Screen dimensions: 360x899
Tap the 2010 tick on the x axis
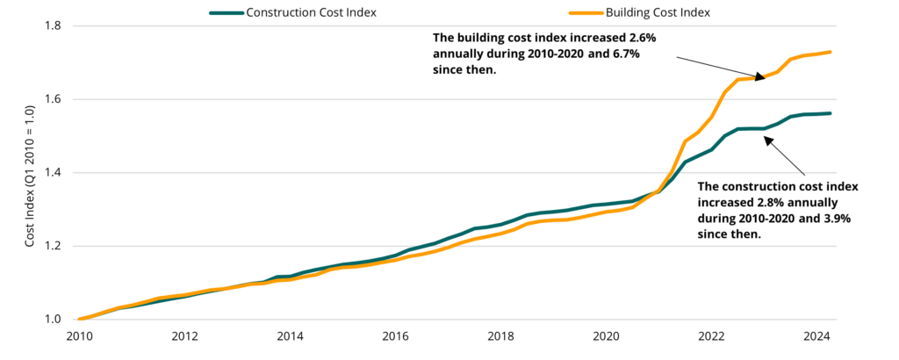tap(78, 336)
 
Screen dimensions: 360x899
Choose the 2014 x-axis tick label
tap(290, 336)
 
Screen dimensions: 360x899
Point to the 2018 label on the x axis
tap(500, 336)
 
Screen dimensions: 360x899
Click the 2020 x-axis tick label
tap(607, 336)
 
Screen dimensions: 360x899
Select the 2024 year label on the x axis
tap(817, 336)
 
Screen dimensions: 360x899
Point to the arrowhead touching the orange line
tap(758, 77)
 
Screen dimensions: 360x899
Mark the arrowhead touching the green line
tap(766, 138)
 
